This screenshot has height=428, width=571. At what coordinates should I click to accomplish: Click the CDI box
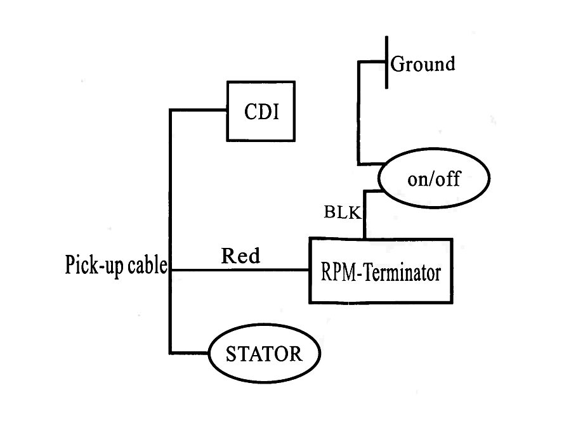261,112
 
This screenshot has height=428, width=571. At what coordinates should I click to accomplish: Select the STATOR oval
265,353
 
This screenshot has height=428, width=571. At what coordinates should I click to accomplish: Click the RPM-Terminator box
381,271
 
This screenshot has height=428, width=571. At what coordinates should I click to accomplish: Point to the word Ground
423,64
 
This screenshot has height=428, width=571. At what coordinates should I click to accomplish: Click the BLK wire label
342,212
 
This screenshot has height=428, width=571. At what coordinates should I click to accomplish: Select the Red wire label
240,256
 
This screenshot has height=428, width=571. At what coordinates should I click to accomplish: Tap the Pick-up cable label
115,265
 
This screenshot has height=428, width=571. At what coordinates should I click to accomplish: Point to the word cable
147,265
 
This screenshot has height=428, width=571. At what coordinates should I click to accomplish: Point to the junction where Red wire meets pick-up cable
171,271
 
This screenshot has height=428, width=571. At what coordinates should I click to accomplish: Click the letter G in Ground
398,64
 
